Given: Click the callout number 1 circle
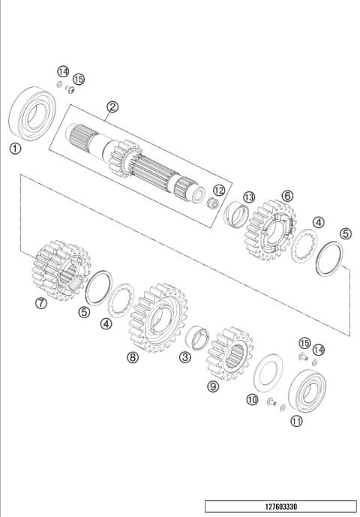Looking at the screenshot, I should (x=14, y=149).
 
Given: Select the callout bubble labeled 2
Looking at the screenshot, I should (x=112, y=107).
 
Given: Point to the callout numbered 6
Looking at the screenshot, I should (x=287, y=195).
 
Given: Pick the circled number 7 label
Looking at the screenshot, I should (x=41, y=303).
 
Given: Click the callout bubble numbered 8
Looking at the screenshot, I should (x=133, y=358).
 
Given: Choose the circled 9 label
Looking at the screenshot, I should (x=213, y=386).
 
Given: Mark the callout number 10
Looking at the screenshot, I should (x=252, y=399).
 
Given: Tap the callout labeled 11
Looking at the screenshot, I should (x=297, y=422).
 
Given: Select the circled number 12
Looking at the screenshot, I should (x=219, y=190).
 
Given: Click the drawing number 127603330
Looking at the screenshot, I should (x=280, y=506).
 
